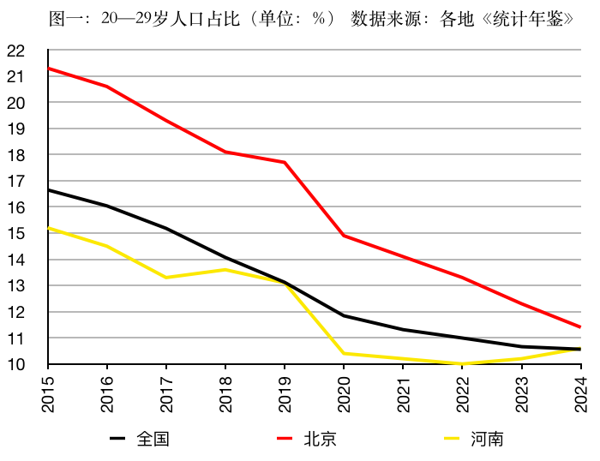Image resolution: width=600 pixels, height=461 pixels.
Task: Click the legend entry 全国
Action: [x=153, y=439]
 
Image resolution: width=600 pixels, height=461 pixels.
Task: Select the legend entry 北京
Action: [x=320, y=439]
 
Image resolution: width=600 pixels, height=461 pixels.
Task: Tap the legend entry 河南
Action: [x=487, y=439]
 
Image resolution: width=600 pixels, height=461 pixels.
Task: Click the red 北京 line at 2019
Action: [x=285, y=162]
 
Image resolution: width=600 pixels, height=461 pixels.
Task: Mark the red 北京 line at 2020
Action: [x=344, y=236]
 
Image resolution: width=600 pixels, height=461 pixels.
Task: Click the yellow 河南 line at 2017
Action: [x=166, y=278]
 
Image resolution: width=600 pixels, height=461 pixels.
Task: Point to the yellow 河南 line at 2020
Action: [x=344, y=353]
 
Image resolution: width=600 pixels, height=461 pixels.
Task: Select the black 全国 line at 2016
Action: [x=107, y=206]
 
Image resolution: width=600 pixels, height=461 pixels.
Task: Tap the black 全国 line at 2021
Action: [x=403, y=330]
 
